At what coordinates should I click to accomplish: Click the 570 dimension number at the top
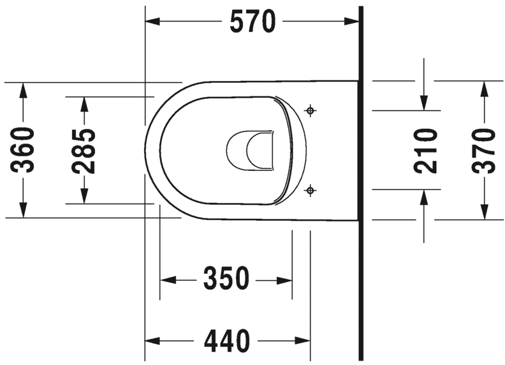click(x=252, y=22)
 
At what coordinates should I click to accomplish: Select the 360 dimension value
click(x=24, y=150)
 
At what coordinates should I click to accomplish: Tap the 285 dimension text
click(x=84, y=151)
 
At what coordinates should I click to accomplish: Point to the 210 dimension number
click(x=425, y=151)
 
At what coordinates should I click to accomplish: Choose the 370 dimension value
click(x=484, y=151)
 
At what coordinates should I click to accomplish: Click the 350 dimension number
click(x=226, y=279)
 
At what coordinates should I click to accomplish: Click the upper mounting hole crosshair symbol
click(x=311, y=111)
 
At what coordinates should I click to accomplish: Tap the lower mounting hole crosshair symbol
click(x=311, y=189)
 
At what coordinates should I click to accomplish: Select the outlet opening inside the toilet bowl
click(x=251, y=151)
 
